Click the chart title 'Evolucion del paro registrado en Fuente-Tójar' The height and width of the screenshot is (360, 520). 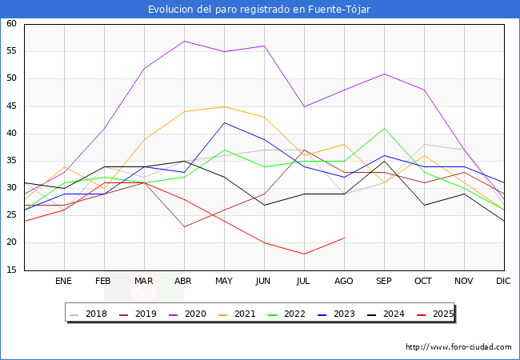[x=259, y=9]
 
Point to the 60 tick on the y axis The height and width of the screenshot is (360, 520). [x=11, y=24]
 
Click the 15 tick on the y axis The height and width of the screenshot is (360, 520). [x=11, y=270]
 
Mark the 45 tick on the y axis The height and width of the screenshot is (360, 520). [x=11, y=106]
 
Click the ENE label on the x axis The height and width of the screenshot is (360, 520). [x=64, y=282]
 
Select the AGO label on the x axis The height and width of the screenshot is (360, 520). [x=344, y=282]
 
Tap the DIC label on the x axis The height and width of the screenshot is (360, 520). [x=503, y=282]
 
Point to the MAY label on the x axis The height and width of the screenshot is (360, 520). [x=224, y=282]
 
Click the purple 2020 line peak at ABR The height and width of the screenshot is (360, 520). [x=184, y=41]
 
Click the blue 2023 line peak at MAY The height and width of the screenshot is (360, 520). [x=224, y=122]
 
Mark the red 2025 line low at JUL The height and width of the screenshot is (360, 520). [x=304, y=254]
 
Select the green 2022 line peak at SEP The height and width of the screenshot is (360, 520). [x=384, y=128]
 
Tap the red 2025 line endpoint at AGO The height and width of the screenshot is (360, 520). [x=344, y=238]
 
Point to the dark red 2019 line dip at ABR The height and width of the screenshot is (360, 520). [x=184, y=226]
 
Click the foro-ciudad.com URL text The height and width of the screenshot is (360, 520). [x=458, y=347]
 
